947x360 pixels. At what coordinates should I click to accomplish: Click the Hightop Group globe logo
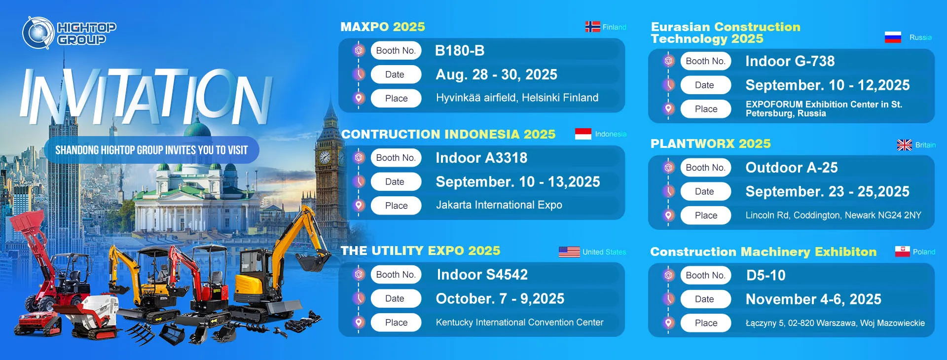tap(38, 33)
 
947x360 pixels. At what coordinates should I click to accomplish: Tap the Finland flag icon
tap(592, 27)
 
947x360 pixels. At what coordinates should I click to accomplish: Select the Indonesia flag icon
tap(583, 134)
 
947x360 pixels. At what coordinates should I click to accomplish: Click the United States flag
tap(569, 252)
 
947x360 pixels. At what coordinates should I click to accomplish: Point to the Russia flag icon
tap(893, 37)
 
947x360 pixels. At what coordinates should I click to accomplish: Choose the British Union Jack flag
tap(905, 145)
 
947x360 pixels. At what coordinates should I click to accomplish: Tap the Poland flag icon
tap(903, 252)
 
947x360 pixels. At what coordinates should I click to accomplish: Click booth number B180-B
tap(460, 50)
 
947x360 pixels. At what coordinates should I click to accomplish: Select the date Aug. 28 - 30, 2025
tap(496, 74)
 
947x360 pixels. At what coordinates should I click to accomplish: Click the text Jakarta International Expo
tap(499, 205)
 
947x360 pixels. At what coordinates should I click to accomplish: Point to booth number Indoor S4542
tap(482, 274)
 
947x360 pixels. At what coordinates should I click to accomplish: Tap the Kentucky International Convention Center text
tap(519, 322)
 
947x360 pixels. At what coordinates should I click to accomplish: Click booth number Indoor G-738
tap(790, 61)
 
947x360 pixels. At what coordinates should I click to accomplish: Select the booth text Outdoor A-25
tap(792, 168)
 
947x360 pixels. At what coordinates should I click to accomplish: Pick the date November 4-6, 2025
tap(813, 299)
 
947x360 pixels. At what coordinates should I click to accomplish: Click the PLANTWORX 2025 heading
tap(710, 144)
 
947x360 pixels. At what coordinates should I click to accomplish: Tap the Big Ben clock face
tap(325, 157)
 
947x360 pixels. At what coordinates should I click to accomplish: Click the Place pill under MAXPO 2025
tap(396, 98)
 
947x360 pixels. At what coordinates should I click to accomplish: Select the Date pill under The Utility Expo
tap(396, 298)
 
